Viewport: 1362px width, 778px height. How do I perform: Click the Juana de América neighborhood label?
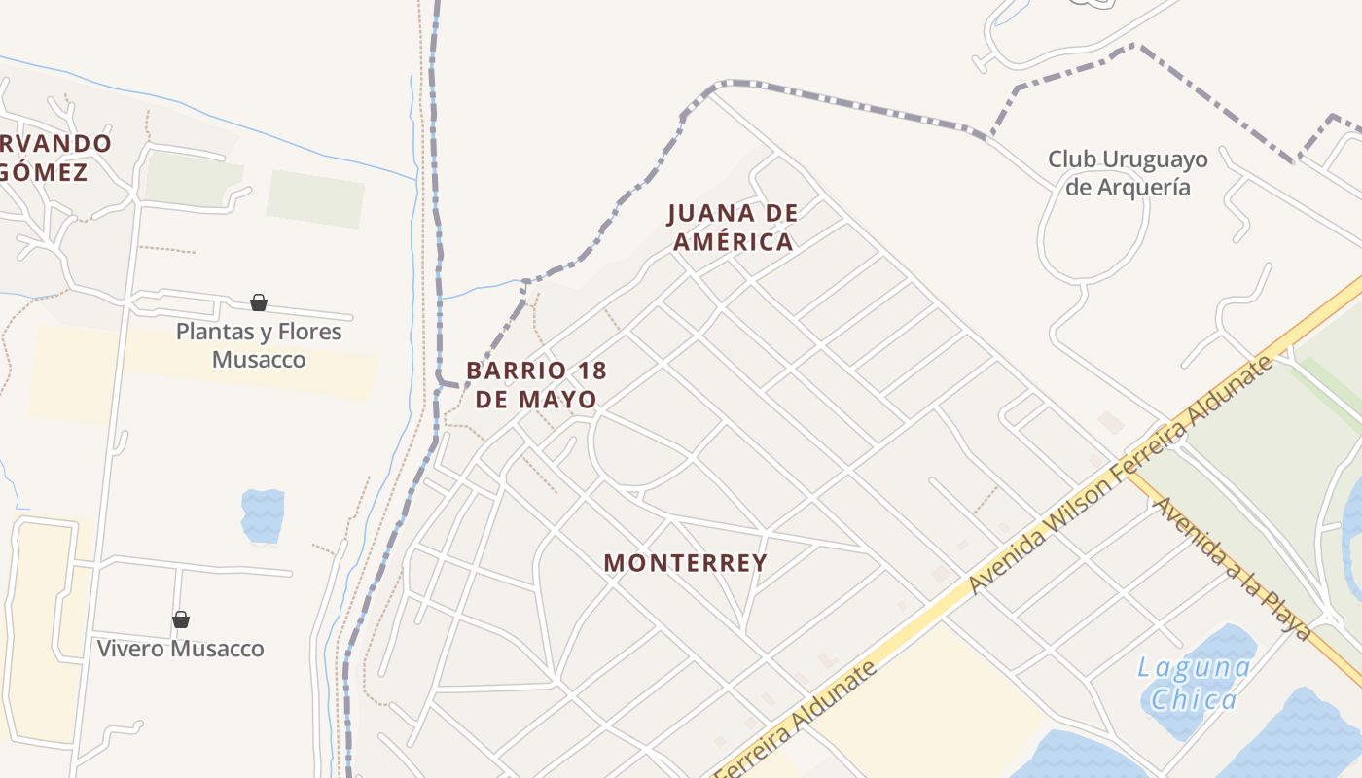pos(734,228)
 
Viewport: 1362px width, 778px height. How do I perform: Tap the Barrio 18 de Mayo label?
pos(536,385)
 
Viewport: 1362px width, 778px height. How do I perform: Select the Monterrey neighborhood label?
pos(686,563)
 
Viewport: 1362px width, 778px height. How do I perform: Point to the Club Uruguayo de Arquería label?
pos(1128,172)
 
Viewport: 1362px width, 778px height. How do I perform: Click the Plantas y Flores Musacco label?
pos(259,345)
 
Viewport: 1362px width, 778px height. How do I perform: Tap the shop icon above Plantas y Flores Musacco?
pos(259,303)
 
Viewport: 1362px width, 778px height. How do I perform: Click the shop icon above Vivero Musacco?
pos(181,619)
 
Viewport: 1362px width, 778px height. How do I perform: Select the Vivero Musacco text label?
pos(181,649)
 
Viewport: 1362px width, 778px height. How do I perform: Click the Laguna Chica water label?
pos(1194,684)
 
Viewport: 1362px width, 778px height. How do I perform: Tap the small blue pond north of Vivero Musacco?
pos(263,514)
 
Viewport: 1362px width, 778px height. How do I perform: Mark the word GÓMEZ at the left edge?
pos(44,173)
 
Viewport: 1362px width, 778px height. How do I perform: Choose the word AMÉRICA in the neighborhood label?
pos(734,242)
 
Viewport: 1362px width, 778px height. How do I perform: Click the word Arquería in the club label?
pos(1128,187)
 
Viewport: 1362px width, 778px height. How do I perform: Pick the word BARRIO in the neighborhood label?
pos(516,371)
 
